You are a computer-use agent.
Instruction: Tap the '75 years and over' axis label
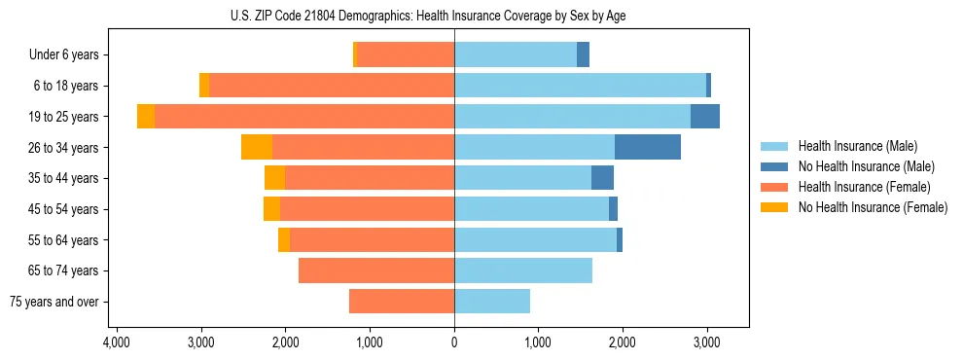coord(54,302)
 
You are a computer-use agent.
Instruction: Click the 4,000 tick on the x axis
coord(117,342)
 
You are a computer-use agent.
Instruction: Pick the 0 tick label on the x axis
coord(454,342)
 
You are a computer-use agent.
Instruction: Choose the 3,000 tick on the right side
coord(707,342)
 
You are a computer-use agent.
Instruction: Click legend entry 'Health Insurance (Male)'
coord(857,146)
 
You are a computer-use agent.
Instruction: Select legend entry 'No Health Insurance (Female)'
coord(873,207)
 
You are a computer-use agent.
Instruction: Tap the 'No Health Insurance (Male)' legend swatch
coord(775,166)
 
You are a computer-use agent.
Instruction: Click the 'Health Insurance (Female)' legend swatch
coord(775,187)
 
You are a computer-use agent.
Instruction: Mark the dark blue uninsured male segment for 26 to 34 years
coord(648,147)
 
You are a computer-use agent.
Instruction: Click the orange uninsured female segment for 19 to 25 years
coord(146,117)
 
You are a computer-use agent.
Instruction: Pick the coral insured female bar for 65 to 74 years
coord(376,270)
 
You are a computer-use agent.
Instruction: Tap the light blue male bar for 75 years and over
coord(492,302)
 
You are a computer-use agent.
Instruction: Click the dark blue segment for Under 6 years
coord(583,55)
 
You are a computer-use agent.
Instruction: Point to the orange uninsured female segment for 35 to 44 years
coord(274,178)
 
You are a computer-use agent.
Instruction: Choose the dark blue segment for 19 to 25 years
coord(705,117)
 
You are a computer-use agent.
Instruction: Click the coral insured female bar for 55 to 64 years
coord(372,239)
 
